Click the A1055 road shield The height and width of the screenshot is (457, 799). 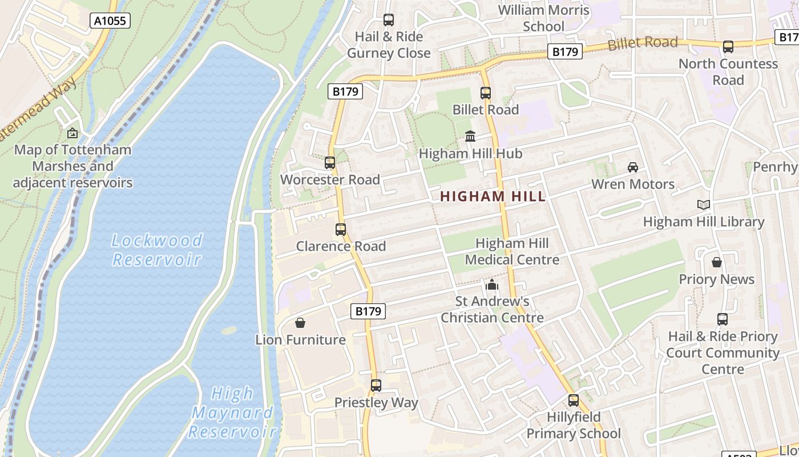click(110, 21)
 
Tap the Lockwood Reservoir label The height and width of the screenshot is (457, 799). click(157, 250)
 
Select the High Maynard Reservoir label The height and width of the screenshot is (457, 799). click(232, 412)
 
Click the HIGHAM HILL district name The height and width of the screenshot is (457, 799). click(493, 197)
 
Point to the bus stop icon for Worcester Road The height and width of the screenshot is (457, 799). click(330, 163)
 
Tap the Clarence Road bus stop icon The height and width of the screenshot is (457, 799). click(341, 230)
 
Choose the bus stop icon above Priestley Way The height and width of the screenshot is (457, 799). click(376, 386)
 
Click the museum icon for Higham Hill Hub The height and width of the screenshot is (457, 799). click(470, 137)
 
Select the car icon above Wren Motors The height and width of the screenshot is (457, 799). click(632, 167)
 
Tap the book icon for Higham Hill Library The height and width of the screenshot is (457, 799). click(704, 205)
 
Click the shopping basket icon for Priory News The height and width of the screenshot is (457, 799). click(717, 262)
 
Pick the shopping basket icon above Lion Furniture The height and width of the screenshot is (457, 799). click(300, 323)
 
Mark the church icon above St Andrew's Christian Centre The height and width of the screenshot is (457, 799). click(492, 284)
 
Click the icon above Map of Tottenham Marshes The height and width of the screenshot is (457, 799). click(72, 133)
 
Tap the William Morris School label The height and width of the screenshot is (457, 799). click(543, 18)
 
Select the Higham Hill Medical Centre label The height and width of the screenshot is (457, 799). click(512, 251)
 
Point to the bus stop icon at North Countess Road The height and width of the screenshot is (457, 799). click(728, 47)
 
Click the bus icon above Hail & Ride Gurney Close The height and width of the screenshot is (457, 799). click(389, 20)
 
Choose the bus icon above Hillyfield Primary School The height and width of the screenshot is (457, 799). click(574, 400)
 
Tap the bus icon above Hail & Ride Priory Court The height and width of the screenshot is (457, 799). click(723, 319)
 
